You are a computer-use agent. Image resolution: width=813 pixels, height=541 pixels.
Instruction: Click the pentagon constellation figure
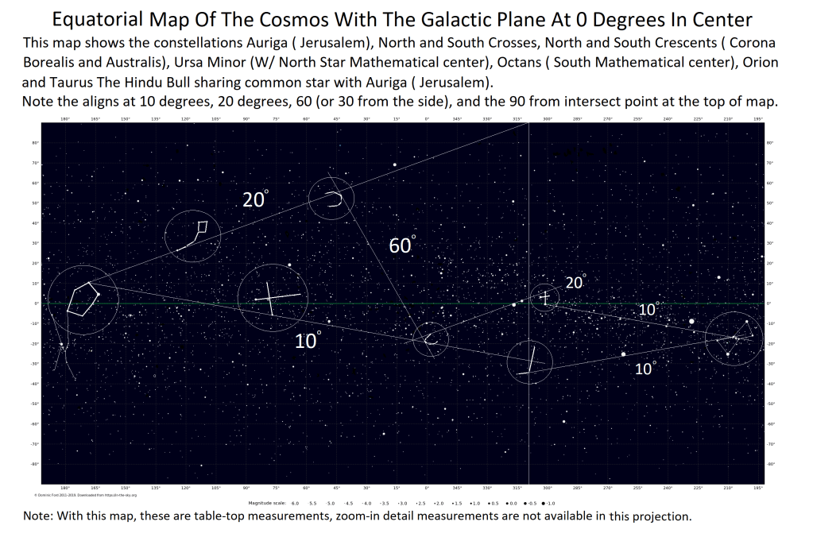click(x=83, y=298)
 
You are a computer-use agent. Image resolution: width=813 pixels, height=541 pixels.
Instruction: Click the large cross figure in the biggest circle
click(x=272, y=299)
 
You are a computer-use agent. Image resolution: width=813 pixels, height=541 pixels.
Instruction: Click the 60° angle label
click(x=402, y=245)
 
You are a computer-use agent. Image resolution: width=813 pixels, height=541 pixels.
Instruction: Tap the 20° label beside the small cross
click(x=575, y=282)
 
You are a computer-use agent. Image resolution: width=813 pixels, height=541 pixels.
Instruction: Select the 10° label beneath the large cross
click(x=308, y=341)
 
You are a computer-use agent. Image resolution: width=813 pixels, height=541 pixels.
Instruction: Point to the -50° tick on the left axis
click(x=35, y=404)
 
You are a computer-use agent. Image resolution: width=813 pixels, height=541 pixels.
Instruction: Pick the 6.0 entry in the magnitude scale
click(x=296, y=504)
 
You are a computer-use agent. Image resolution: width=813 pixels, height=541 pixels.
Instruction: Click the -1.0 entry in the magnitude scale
click(x=550, y=504)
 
